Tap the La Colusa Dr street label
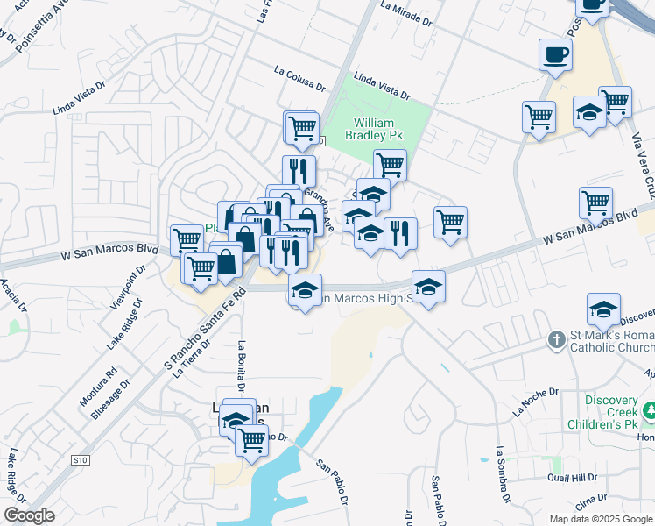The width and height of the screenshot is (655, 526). [x=299, y=80]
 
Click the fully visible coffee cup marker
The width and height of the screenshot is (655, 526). [x=555, y=55]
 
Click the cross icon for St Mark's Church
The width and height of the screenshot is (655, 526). [x=555, y=338]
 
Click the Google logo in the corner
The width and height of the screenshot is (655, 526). [x=29, y=515]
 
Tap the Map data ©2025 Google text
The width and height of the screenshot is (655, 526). [x=600, y=519]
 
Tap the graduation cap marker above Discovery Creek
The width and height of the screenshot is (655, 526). [x=603, y=310]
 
